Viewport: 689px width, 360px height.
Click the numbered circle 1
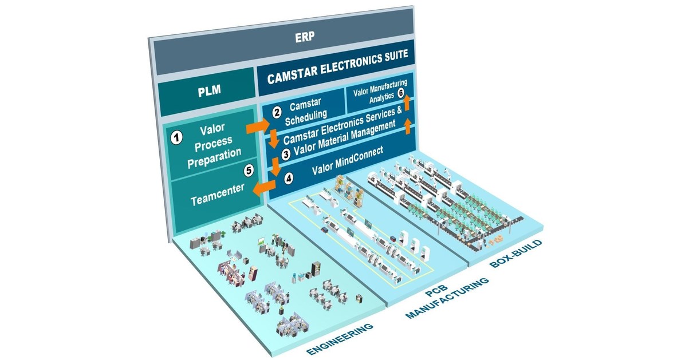tap(177, 137)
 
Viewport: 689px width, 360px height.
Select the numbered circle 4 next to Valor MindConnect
tap(289, 178)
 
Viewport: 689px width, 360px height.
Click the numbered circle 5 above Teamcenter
tap(248, 170)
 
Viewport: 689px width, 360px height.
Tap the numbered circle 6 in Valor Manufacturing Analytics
tap(401, 92)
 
